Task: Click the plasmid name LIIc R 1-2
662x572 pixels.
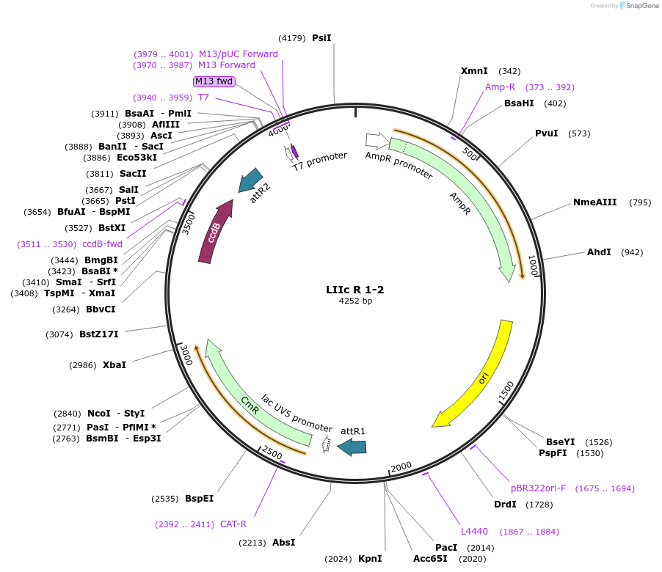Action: pos(355,290)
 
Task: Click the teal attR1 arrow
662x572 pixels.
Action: pos(352,446)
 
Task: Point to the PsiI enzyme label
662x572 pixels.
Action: pos(321,37)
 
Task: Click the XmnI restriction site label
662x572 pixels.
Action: pos(474,71)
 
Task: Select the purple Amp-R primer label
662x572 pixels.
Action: pos(500,87)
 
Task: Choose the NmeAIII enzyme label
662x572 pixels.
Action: pos(595,202)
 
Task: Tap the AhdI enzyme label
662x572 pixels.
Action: pos(599,252)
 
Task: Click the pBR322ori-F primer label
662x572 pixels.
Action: pos(538,488)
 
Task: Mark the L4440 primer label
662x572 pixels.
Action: pos(474,532)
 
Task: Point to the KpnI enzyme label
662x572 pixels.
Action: pos(370,559)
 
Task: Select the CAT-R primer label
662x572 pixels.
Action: pos(233,524)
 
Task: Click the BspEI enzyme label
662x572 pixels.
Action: pos(199,499)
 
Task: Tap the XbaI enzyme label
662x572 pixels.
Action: pos(114,364)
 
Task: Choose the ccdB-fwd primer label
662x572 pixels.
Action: pos(102,244)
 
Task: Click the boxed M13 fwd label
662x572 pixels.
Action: pos(214,81)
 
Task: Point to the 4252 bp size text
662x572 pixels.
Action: pos(355,301)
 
